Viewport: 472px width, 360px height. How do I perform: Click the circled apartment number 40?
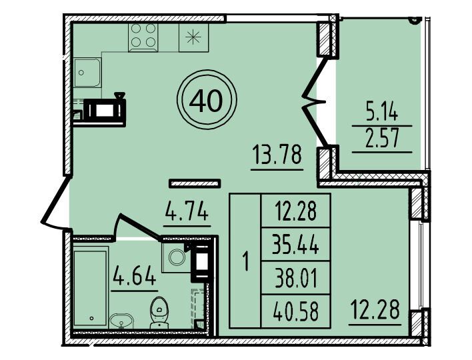pos(207,100)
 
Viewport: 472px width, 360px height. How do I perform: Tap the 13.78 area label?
pos(277,155)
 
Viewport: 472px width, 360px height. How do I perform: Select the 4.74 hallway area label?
pos(187,211)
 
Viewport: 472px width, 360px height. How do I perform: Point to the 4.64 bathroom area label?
pos(134,275)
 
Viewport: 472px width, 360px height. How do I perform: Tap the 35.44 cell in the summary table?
pos(295,245)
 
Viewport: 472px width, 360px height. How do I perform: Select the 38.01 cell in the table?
pos(296,278)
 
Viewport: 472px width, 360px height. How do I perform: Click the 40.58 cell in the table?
pos(296,311)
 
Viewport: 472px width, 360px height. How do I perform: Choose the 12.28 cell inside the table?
pos(295,211)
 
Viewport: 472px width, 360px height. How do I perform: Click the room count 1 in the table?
pos(246,261)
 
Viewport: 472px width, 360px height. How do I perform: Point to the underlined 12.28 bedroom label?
pos(375,309)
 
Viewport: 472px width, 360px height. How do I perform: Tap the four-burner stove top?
pos(143,37)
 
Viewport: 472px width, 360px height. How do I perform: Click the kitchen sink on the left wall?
pos(87,73)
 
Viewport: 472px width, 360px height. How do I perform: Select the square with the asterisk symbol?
pos(193,37)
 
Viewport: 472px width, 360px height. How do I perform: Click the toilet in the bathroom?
pos(159,313)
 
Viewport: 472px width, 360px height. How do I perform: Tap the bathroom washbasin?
pos(121,321)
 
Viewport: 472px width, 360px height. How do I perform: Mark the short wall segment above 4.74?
pos(195,183)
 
